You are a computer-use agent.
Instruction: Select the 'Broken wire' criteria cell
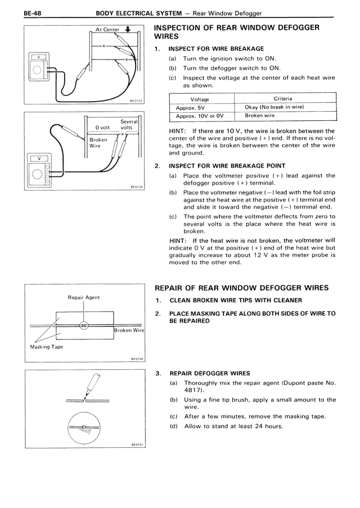click(x=260, y=116)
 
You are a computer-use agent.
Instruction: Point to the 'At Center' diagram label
click(x=107, y=30)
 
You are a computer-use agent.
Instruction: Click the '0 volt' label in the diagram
click(x=106, y=128)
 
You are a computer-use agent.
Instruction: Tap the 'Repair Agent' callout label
click(x=84, y=297)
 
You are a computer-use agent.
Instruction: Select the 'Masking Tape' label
click(x=46, y=347)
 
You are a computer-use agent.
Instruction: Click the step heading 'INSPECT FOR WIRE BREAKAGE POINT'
click(x=227, y=166)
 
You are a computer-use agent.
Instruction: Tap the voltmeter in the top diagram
click(x=38, y=68)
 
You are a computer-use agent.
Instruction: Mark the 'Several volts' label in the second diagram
click(x=129, y=125)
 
